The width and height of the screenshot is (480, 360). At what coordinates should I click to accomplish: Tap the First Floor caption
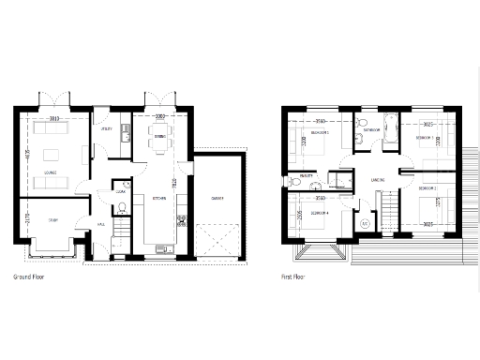tap(294, 277)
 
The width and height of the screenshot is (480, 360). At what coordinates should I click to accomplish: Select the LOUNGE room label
tap(49, 173)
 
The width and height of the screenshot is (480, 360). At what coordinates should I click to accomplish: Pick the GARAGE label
tap(217, 199)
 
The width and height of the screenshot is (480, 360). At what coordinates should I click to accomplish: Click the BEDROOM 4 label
tap(319, 214)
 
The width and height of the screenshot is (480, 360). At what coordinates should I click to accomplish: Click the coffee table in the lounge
tap(50, 153)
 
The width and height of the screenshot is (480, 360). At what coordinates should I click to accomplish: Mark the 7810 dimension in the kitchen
tap(175, 183)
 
